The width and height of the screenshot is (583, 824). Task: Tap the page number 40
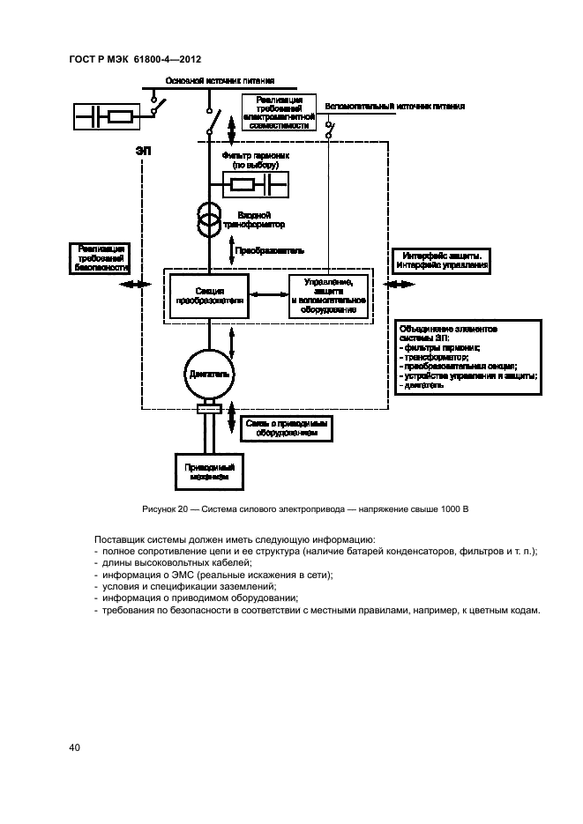(x=75, y=748)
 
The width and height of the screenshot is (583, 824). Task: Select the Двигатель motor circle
(x=209, y=374)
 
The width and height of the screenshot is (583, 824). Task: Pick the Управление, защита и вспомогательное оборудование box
(x=327, y=295)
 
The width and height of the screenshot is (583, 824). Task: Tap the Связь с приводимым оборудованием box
(x=285, y=427)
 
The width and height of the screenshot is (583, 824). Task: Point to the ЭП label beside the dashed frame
(x=143, y=152)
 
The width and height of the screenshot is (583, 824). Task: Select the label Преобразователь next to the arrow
(x=270, y=250)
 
